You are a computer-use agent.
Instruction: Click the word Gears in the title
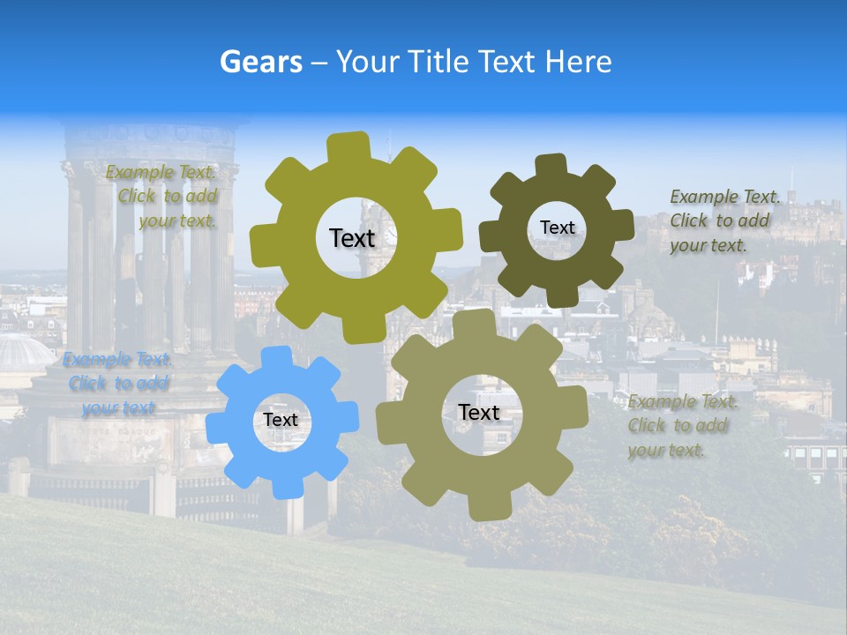pos(260,62)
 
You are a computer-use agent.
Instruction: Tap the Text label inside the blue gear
pos(281,421)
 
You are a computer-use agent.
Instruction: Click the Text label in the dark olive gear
pos(557,228)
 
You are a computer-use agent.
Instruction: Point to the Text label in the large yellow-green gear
pos(352,238)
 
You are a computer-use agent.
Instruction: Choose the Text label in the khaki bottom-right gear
pos(478,413)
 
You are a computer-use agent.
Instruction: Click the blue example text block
pos(116,384)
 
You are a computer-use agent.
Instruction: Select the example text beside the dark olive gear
pos(724,220)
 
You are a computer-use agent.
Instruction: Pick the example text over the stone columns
pos(163,196)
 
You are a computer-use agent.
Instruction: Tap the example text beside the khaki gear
pos(682,426)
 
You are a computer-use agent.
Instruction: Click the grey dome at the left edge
pos(22,353)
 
